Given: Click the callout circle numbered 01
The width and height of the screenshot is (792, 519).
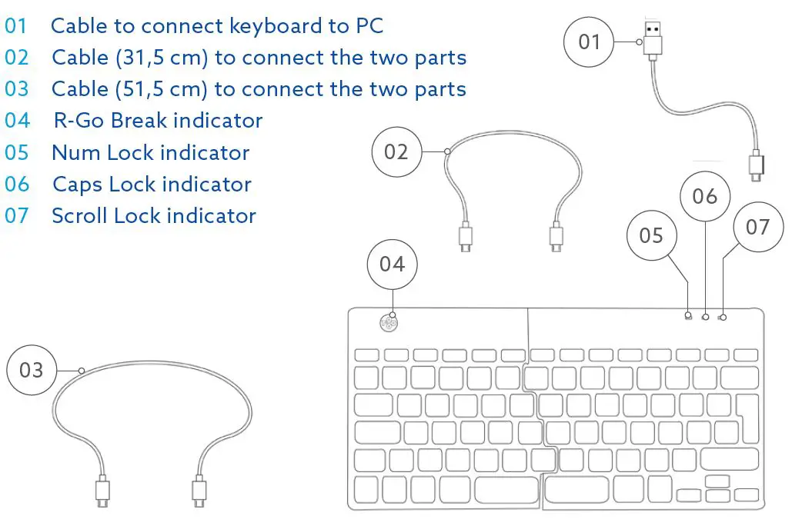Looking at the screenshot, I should click(590, 41).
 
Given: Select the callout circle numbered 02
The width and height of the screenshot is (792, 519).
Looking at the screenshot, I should click(396, 151).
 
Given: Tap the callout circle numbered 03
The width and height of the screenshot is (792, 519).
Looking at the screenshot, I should click(32, 371).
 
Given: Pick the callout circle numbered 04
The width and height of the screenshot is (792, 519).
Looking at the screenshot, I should click(392, 264).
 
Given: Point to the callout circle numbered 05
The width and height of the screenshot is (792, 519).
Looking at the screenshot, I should click(651, 235).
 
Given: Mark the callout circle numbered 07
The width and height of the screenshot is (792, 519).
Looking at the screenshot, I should click(757, 227).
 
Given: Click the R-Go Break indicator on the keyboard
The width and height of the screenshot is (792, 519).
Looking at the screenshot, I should click(389, 323).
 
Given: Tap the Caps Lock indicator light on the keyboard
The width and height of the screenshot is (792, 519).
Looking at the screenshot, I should click(706, 317).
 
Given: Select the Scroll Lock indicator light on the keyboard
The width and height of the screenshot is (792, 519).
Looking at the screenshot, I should click(723, 317).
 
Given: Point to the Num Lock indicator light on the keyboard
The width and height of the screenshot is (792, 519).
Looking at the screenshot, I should click(689, 317).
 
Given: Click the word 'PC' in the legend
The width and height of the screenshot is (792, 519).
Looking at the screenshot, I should click(369, 25).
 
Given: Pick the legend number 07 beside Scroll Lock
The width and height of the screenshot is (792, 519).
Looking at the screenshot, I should click(16, 215).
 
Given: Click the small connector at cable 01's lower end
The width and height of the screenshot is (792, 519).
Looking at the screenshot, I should click(756, 168).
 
